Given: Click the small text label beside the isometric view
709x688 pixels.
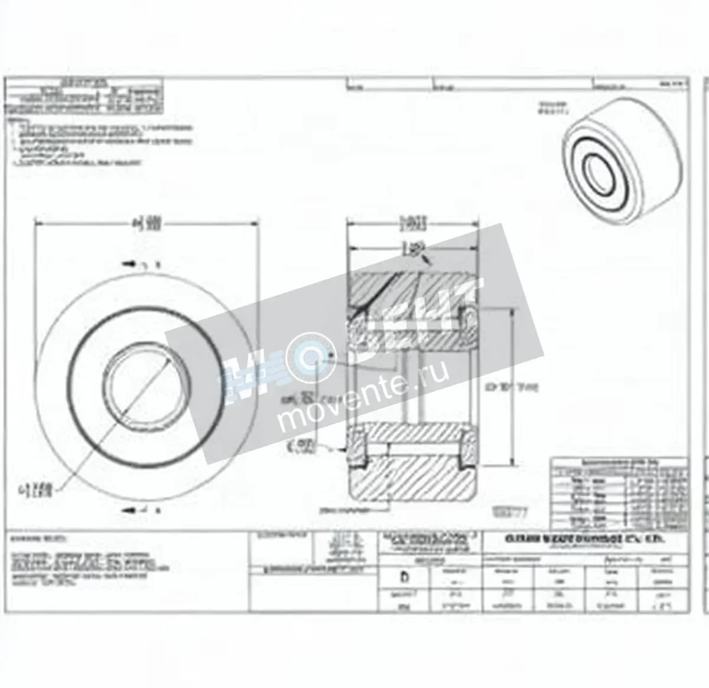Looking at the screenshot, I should tap(554, 106).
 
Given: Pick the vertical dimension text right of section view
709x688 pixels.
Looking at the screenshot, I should tap(511, 387).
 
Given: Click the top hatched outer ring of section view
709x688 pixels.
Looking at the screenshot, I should tap(412, 288).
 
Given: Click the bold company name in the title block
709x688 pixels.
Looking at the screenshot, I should tap(585, 539).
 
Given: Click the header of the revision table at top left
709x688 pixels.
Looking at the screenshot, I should tap(83, 81).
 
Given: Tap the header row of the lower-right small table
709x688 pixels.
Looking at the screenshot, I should tap(619, 462).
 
